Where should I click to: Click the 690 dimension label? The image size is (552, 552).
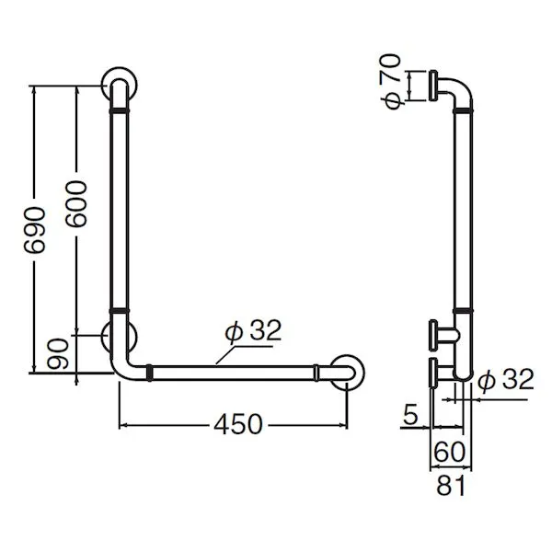tap(35, 231)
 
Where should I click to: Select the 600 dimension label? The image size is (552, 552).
tap(75, 204)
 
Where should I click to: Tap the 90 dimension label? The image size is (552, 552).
tap(58, 354)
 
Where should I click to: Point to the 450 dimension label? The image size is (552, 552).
tap(238, 424)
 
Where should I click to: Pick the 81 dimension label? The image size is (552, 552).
tap(451, 486)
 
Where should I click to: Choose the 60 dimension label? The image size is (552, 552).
tap(450, 452)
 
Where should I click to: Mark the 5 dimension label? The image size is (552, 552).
tap(410, 414)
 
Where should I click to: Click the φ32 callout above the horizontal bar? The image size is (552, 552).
tap(254, 331)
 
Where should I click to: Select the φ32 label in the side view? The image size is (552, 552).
tap(506, 379)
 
